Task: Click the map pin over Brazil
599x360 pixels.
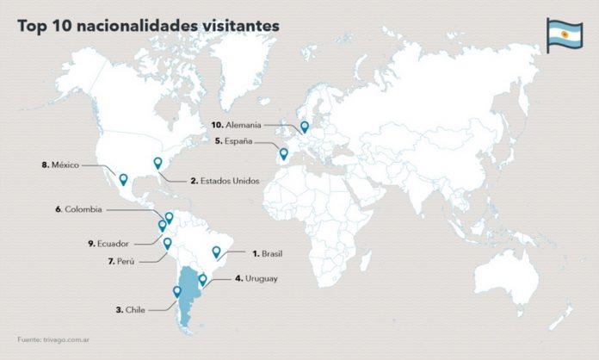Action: point(217,252)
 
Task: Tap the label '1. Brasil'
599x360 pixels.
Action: point(267,253)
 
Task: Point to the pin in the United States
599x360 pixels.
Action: point(157,163)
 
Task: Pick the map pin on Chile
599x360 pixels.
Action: point(177,291)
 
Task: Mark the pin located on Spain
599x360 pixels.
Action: point(284,154)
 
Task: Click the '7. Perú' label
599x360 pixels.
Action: point(121,260)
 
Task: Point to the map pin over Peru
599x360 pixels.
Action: point(168,244)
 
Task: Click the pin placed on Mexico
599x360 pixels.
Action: point(123,179)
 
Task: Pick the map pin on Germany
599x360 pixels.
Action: point(305,127)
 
